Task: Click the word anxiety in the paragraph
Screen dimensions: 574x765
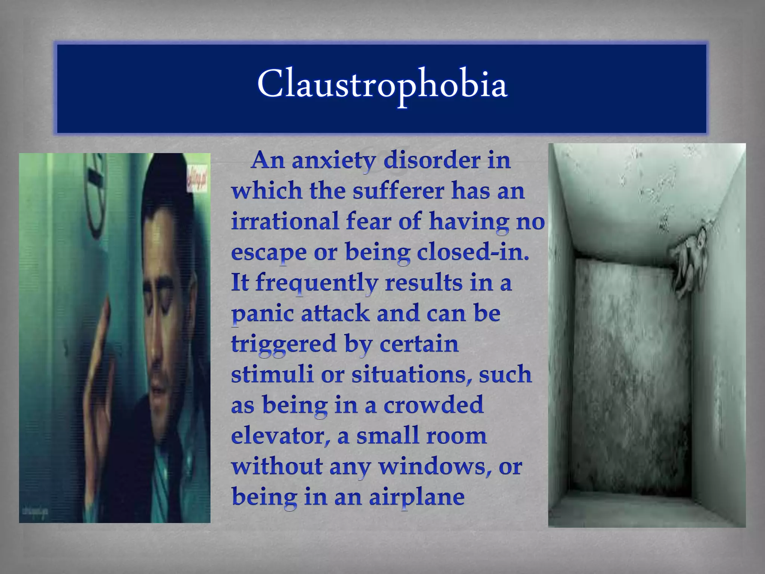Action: pyautogui.click(x=334, y=161)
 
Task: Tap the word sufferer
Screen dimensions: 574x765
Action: pyautogui.click(x=398, y=191)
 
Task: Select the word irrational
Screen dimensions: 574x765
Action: pyautogui.click(x=285, y=221)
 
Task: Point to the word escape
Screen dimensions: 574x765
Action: pyautogui.click(x=268, y=253)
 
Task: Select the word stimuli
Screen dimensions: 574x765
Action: pyautogui.click(x=272, y=374)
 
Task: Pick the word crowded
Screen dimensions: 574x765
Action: pyautogui.click(x=433, y=405)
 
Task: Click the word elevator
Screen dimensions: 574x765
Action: pyautogui.click(x=280, y=436)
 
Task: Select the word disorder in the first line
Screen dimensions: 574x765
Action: pyautogui.click(x=431, y=161)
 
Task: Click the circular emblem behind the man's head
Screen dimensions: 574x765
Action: pyautogui.click(x=95, y=194)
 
